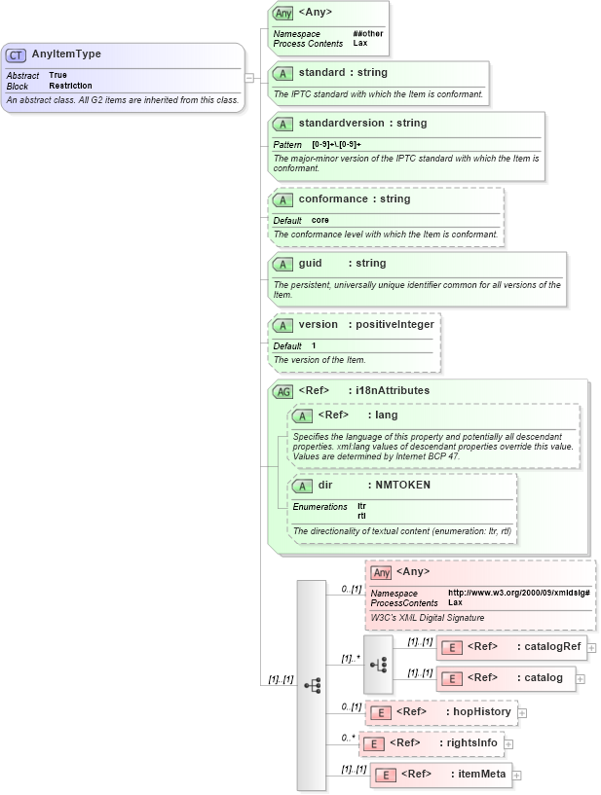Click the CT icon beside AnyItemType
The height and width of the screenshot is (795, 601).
coord(17,55)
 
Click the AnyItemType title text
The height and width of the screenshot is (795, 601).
coord(66,54)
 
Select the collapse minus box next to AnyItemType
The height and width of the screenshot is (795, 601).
coord(250,78)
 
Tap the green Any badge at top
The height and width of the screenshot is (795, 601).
coord(282,14)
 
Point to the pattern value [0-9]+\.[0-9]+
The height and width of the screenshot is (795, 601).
coord(335,144)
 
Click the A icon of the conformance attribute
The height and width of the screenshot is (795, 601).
coord(282,199)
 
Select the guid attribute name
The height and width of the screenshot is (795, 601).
coord(310,264)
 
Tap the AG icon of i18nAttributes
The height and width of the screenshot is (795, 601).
coord(282,391)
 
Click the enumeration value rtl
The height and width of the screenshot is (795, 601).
coord(361,515)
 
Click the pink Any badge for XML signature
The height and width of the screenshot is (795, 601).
coord(381,572)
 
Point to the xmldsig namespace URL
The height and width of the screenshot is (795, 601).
coord(518,593)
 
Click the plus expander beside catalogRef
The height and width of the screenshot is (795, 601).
coord(591,647)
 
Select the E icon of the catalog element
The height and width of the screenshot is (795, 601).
coord(450,678)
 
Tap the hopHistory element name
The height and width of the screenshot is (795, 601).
coord(482,712)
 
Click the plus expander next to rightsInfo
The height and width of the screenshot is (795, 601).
coord(508,744)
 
